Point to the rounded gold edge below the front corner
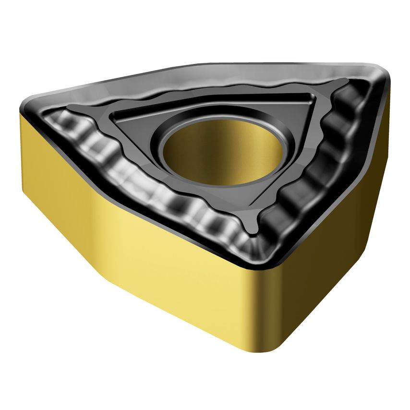point(269,312)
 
